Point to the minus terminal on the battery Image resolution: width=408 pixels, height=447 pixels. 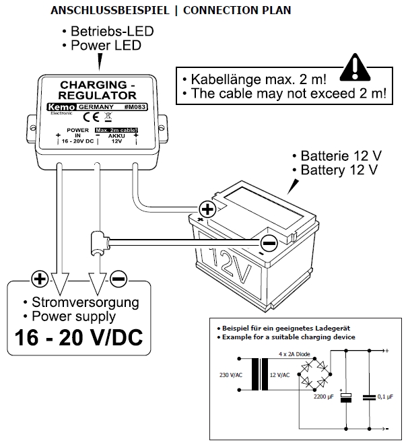point(268,241)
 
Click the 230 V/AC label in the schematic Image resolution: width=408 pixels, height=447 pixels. point(232,375)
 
